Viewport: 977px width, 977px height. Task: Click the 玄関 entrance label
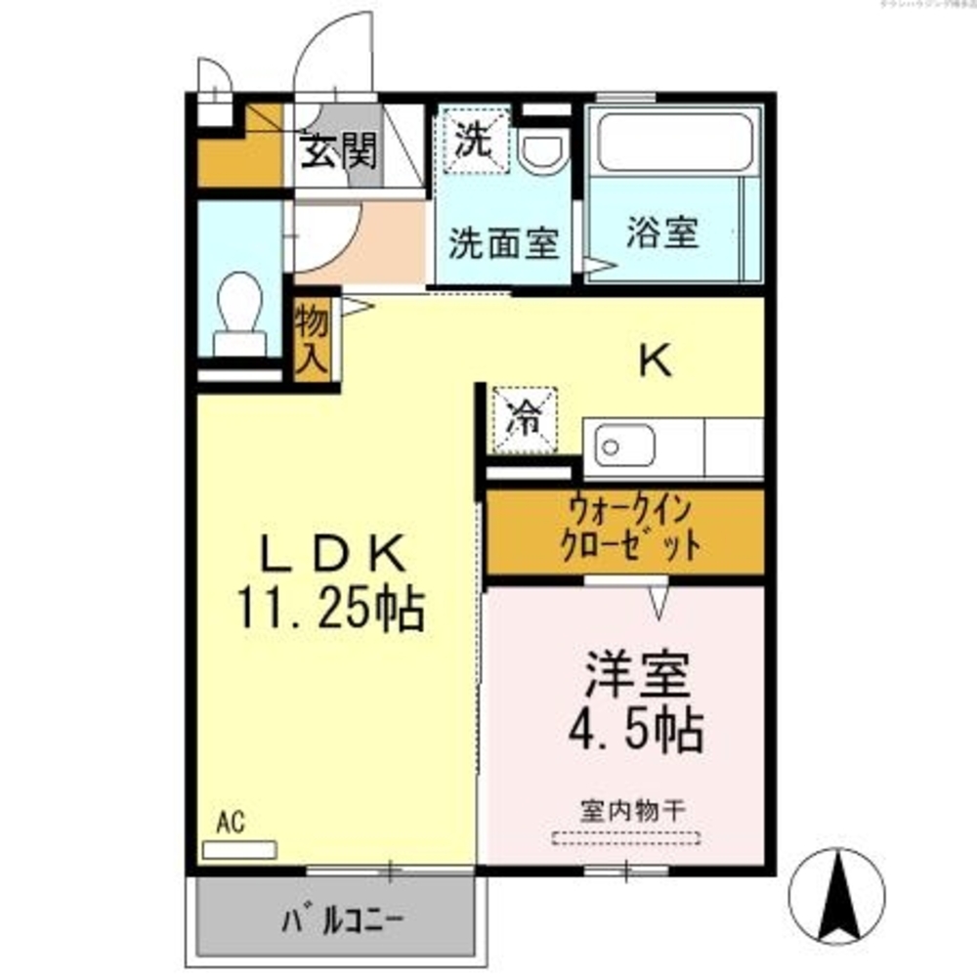(338, 150)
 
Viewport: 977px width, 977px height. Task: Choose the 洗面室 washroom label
(503, 243)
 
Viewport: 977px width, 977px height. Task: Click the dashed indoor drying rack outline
(626, 836)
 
